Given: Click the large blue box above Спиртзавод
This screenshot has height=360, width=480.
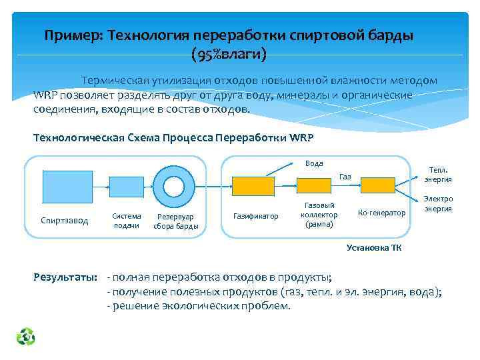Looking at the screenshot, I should (x=67, y=187).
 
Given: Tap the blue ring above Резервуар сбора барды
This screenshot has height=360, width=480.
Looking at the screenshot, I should (x=173, y=187).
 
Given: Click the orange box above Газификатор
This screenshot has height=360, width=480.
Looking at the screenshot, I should (x=253, y=186).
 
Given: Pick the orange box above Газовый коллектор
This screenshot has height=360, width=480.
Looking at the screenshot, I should (x=318, y=186).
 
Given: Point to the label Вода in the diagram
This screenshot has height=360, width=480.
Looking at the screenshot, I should (x=314, y=163).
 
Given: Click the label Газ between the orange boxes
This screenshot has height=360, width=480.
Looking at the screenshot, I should (x=345, y=177).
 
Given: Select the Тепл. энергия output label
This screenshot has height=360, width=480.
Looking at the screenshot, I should (x=438, y=174).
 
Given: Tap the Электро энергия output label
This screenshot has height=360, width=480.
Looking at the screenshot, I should (x=438, y=203).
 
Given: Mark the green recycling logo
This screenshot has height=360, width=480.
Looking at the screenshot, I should (x=26, y=337).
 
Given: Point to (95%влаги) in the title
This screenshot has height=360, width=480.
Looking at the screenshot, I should (x=229, y=53).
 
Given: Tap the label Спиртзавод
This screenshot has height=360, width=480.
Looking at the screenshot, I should (x=64, y=221).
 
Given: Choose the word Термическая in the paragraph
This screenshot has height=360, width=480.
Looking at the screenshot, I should (x=114, y=81).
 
